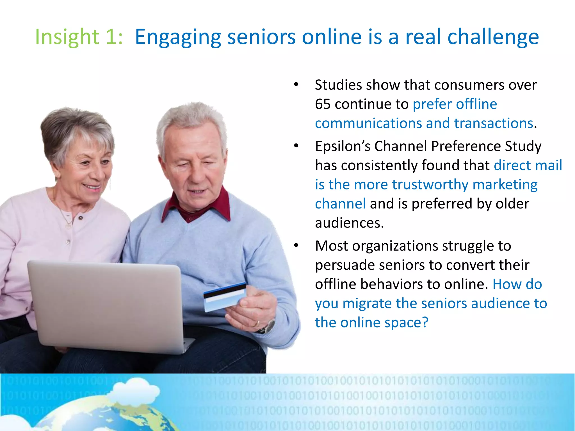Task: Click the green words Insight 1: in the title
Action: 79,37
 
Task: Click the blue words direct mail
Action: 528,165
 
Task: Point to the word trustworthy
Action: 430,185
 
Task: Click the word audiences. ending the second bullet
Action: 349,223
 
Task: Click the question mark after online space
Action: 425,322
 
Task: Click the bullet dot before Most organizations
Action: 296,246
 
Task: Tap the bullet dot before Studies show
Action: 296,85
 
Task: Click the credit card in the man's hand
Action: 225,297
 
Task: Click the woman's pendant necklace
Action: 68,224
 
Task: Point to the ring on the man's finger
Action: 256,324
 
